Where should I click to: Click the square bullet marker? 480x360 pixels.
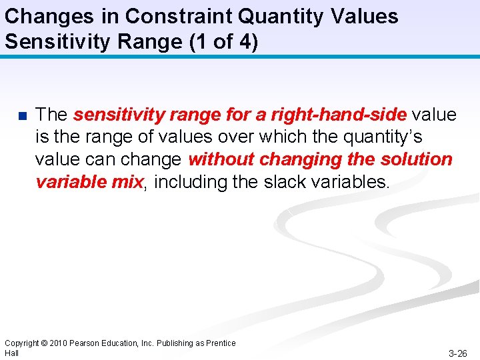[22, 116]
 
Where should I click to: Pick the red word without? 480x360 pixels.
[221, 159]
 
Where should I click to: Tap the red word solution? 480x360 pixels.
[416, 159]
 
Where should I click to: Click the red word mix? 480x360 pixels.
[128, 182]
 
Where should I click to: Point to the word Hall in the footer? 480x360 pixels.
[11, 353]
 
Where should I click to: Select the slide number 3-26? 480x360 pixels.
[457, 353]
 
